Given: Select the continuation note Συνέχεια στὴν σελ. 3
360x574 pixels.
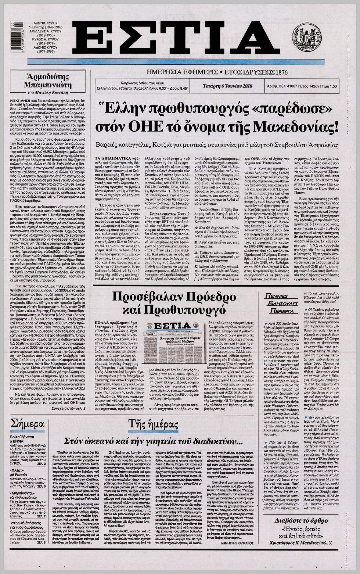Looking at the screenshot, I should pos(68,408).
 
